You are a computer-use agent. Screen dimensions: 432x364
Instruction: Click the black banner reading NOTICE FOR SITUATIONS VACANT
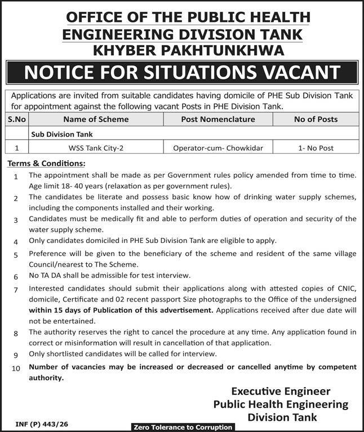[x=182, y=73]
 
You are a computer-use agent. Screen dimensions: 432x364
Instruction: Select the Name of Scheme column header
[x=96, y=119]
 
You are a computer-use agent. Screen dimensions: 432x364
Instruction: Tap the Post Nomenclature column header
[x=218, y=119]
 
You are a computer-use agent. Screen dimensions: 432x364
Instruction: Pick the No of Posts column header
[x=316, y=119]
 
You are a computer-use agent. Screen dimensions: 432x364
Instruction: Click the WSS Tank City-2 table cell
[x=96, y=148]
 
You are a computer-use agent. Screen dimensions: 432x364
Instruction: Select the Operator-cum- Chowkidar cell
[x=218, y=148]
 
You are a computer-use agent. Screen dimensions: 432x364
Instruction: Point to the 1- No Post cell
[x=316, y=148]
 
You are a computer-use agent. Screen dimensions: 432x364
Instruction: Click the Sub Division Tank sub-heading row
[x=62, y=134]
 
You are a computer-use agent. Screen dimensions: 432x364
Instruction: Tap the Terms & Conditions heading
[x=46, y=163]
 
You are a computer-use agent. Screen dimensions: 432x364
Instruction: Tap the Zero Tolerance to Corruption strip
[x=182, y=427]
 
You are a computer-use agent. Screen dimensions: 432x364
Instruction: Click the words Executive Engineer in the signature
[x=281, y=391]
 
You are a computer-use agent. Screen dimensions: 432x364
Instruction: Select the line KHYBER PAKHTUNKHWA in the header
[x=187, y=51]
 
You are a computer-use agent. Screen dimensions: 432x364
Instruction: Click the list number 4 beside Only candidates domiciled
[x=16, y=242]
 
